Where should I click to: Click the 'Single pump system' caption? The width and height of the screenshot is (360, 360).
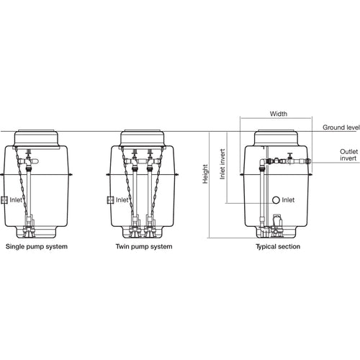pyautogui.click(x=37, y=247)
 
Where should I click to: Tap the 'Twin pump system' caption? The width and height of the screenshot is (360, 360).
pyautogui.click(x=144, y=247)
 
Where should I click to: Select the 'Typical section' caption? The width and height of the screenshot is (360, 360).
pyautogui.click(x=278, y=247)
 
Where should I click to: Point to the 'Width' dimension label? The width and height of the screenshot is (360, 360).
pyautogui.click(x=279, y=114)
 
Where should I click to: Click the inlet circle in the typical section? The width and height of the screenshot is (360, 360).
pyautogui.click(x=276, y=199)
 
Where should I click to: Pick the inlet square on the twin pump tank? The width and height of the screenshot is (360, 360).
pyautogui.click(x=109, y=199)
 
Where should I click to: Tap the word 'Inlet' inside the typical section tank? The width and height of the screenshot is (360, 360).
pyautogui.click(x=288, y=199)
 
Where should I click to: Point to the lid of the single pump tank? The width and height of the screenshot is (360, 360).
pyautogui.click(x=32, y=138)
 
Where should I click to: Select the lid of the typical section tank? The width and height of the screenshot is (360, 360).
pyautogui.click(x=277, y=138)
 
